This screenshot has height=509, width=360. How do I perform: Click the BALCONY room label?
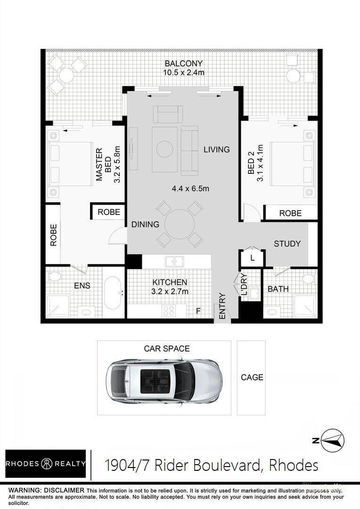point(183,63)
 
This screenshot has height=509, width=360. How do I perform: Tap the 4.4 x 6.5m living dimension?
point(190,188)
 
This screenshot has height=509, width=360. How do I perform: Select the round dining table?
point(180,224)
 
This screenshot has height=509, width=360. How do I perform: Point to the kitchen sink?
point(174,262)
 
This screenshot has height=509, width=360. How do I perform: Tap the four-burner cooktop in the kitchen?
point(169,311)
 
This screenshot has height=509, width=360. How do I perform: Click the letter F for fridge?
point(198,311)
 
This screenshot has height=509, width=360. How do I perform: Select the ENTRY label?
point(222,306)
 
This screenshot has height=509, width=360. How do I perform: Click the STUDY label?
point(287,244)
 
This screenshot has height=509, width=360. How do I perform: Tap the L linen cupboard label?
point(252,259)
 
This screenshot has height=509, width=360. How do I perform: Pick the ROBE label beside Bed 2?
point(291,213)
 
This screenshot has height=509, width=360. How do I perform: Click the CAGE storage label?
point(252,377)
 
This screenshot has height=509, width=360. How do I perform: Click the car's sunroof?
point(156,381)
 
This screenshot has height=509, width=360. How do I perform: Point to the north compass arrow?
point(332,441)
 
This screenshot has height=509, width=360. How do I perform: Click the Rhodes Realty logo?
point(46,464)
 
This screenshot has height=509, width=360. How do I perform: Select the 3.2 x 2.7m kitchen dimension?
point(170,292)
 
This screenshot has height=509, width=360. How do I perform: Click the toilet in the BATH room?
point(308,279)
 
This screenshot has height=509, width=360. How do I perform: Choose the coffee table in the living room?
point(165,149)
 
